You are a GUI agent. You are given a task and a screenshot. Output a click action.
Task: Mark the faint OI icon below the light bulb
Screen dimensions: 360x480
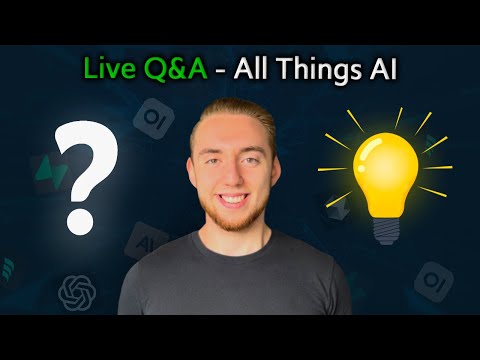pos(432,279)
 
